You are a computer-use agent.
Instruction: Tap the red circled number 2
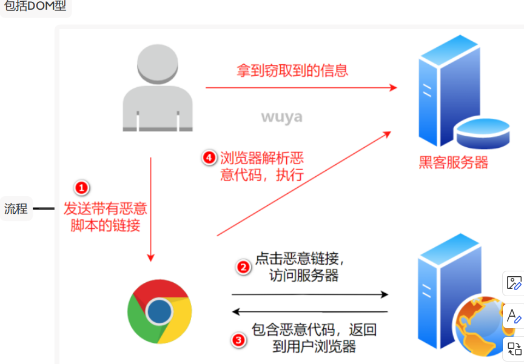pyautogui.click(x=243, y=266)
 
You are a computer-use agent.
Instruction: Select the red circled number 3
pyautogui.click(x=240, y=340)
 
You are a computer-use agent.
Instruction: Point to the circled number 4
pyautogui.click(x=209, y=158)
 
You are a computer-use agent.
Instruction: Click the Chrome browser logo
pyautogui.click(x=160, y=311)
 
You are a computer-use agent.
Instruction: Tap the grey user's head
pyautogui.click(x=158, y=62)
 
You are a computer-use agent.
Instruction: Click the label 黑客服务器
pyautogui.click(x=453, y=162)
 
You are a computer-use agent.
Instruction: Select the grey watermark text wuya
pyautogui.click(x=281, y=116)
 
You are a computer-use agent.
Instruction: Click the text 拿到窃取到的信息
pyautogui.click(x=292, y=70)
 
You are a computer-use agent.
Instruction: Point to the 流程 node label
pyautogui.click(x=16, y=209)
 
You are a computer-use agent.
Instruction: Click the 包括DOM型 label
pyautogui.click(x=35, y=8)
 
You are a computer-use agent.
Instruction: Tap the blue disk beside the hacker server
pyautogui.click(x=483, y=135)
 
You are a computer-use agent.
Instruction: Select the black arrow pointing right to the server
pyautogui.click(x=309, y=295)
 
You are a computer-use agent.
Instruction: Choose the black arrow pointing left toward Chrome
pyautogui.click(x=309, y=313)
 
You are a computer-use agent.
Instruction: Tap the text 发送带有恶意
pyautogui.click(x=106, y=209)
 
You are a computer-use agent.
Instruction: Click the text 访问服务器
pyautogui.click(x=303, y=276)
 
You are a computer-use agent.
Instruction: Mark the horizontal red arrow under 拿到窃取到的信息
pyautogui.click(x=301, y=88)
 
